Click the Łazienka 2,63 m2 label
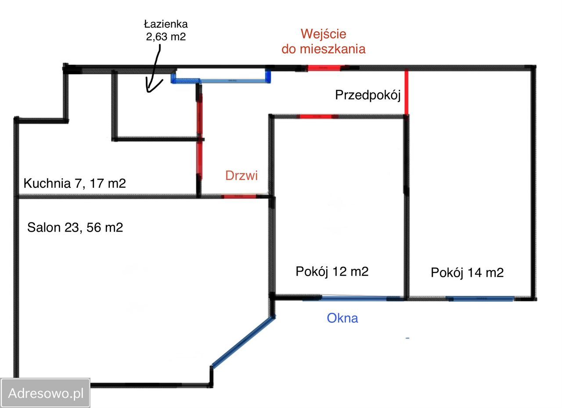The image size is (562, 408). [x=166, y=31]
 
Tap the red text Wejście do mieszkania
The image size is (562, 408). [x=324, y=41]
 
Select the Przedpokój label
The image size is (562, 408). [x=368, y=95]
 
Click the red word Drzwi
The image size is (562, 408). [x=241, y=175]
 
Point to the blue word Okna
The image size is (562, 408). [x=342, y=318]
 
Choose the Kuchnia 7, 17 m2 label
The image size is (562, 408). [x=75, y=183]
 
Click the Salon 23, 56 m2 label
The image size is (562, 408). [x=75, y=228]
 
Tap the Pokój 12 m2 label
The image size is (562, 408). [x=332, y=272]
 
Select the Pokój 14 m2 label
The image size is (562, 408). [x=467, y=273]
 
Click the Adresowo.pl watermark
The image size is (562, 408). [x=46, y=393]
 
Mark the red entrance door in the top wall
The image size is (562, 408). [x=324, y=68]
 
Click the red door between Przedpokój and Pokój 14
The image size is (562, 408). [x=406, y=92]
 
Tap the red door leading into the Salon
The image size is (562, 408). [x=239, y=197]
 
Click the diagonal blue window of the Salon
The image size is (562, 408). [x=243, y=342]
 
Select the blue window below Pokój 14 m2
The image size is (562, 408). [x=480, y=299]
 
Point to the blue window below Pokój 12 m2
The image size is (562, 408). [x=354, y=298]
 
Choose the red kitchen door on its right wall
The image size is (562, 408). [x=200, y=160]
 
